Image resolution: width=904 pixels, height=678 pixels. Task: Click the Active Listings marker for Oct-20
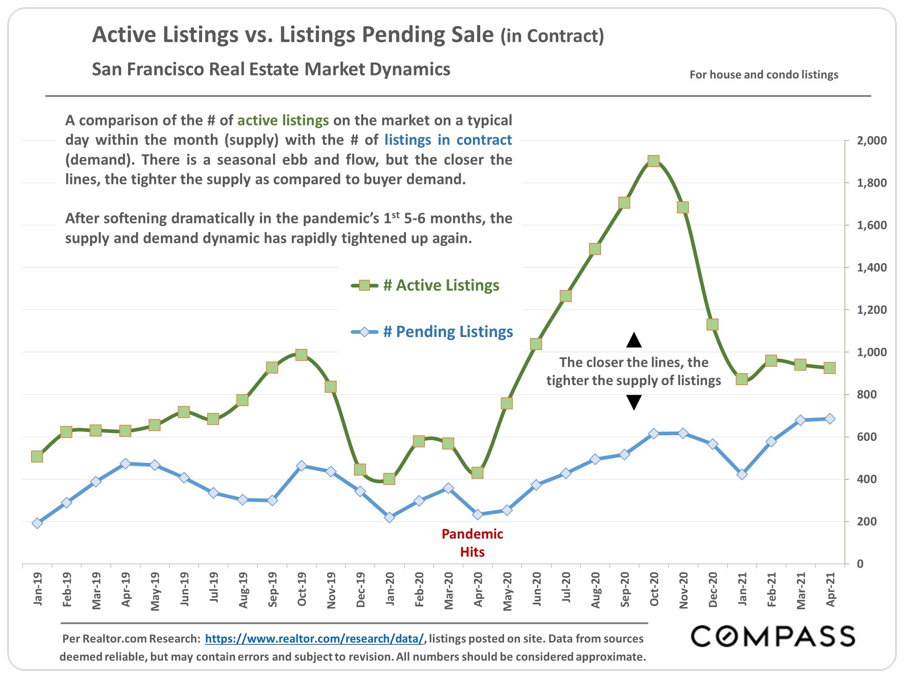[653, 161]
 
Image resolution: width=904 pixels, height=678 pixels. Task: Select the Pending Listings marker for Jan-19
[37, 523]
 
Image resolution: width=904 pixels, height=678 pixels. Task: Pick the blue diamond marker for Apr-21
[830, 418]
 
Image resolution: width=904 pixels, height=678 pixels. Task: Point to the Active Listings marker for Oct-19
[302, 354]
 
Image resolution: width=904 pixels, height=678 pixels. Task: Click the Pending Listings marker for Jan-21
[742, 474]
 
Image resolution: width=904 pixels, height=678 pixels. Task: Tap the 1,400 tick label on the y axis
[871, 268]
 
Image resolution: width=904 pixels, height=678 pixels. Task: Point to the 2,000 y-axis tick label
[871, 141]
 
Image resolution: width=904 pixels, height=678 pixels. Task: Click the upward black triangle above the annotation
[634, 340]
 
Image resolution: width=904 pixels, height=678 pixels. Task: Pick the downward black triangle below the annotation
[634, 402]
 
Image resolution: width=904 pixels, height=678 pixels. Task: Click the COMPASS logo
[772, 636]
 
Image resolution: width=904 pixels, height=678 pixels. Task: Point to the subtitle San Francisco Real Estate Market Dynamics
[271, 69]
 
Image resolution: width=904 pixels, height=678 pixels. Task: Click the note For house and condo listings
[763, 75]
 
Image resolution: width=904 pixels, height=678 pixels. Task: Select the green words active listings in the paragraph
[283, 120]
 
